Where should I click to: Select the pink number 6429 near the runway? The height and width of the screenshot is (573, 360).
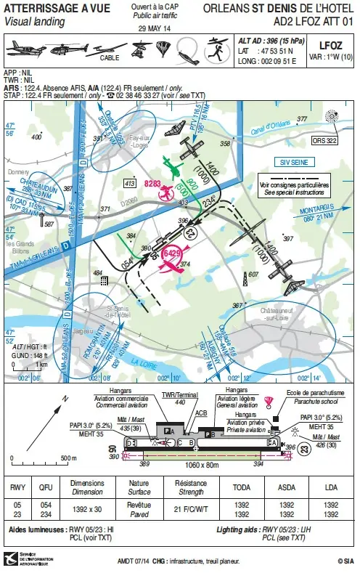pyautogui.click(x=172, y=253)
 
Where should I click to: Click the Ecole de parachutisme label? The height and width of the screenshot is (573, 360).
pyautogui.click(x=304, y=393)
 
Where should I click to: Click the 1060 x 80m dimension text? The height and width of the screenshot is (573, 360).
pyautogui.click(x=211, y=463)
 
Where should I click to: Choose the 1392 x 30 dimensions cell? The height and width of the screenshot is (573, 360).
pyautogui.click(x=87, y=508)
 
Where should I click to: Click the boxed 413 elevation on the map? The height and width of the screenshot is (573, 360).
pyautogui.click(x=129, y=184)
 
